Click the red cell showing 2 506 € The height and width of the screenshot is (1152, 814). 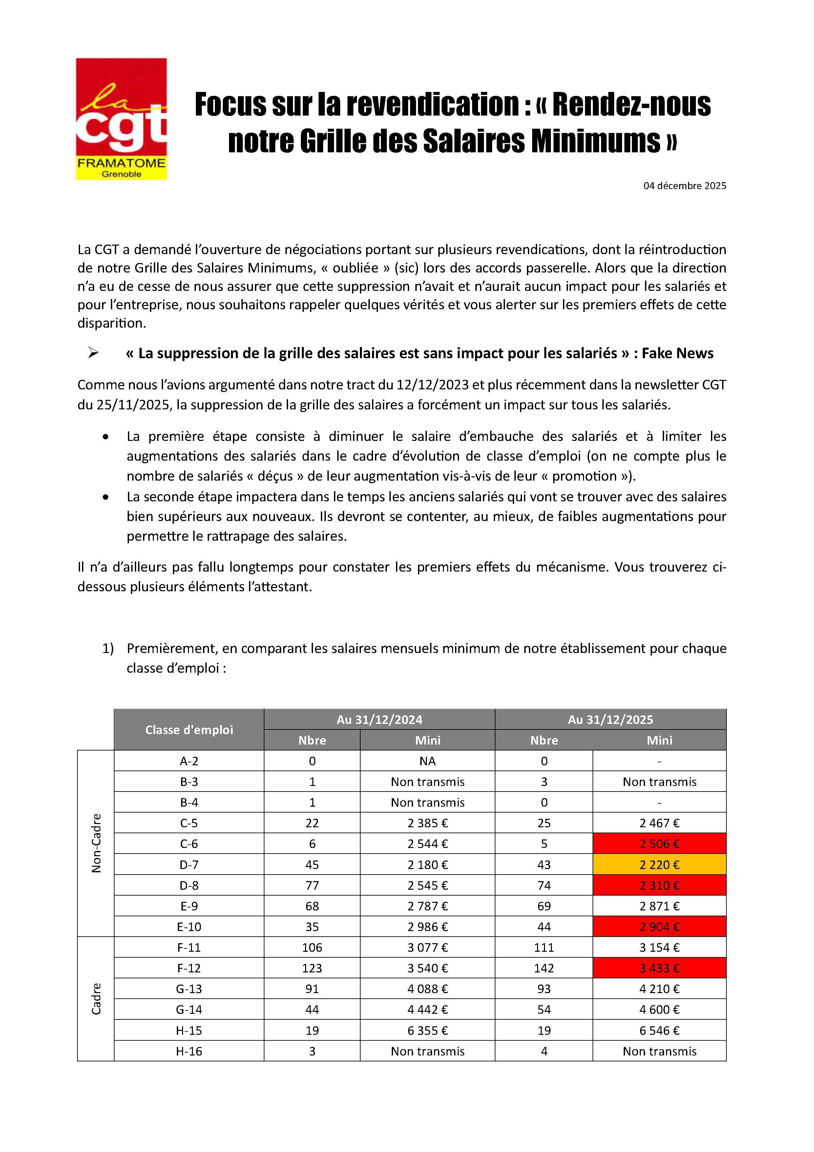(x=659, y=843)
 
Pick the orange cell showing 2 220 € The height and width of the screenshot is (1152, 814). (x=659, y=864)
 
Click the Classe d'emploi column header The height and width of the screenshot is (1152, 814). (x=189, y=729)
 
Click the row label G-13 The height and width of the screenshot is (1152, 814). (x=189, y=989)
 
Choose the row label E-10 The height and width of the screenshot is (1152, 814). (x=189, y=927)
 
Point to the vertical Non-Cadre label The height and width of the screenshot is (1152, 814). (x=96, y=843)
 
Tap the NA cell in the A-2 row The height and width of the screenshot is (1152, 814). (x=427, y=761)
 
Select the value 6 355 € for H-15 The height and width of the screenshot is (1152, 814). (x=427, y=1030)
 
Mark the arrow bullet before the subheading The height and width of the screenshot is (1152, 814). (x=93, y=353)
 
